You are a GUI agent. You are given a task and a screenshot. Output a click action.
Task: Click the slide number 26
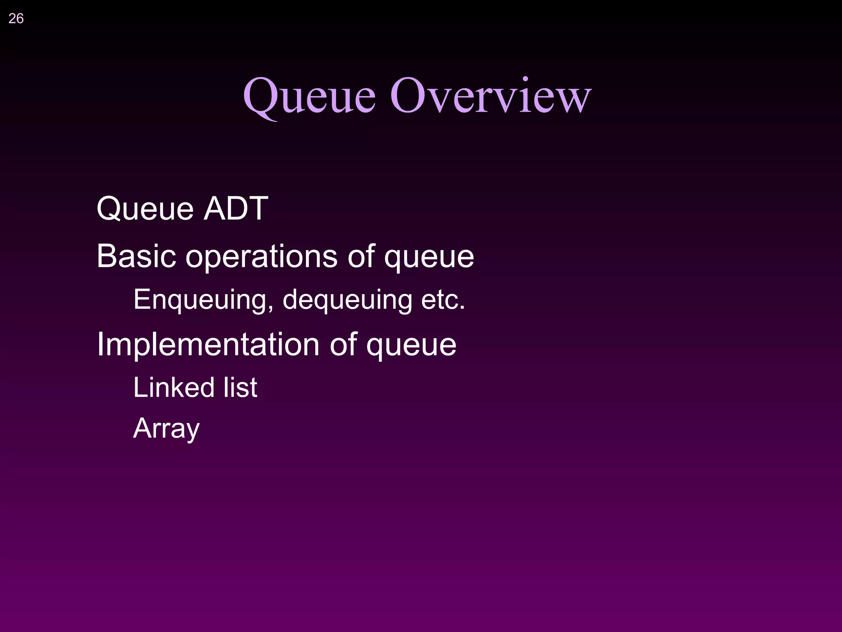16,19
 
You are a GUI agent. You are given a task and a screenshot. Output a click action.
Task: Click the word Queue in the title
309,97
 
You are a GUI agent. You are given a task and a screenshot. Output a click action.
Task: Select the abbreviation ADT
236,209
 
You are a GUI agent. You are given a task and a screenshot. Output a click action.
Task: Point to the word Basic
136,256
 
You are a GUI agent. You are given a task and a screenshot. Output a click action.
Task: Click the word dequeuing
347,300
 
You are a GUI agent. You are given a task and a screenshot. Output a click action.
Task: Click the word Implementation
208,345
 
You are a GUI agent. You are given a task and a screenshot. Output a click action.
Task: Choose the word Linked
174,388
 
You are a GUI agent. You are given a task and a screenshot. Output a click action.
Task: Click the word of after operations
361,256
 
